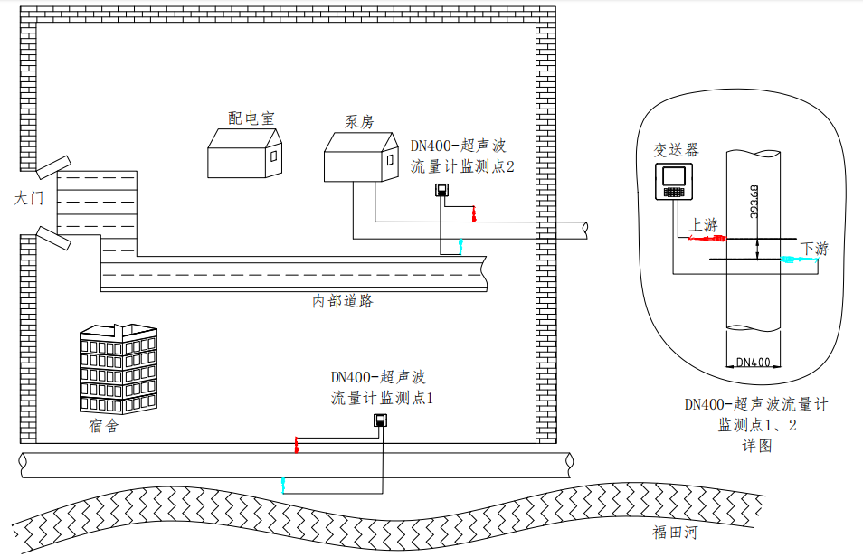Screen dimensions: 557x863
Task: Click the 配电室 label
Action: tap(251, 118)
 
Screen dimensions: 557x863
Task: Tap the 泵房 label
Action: tap(359, 122)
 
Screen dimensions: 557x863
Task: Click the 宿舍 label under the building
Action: tap(104, 426)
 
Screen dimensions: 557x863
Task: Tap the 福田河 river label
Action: tap(675, 533)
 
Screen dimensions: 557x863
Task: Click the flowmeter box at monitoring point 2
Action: tap(442, 190)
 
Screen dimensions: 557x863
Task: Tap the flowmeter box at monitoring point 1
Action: tap(382, 420)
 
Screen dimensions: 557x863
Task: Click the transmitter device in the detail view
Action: tap(674, 182)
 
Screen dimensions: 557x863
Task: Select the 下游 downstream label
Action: tap(814, 248)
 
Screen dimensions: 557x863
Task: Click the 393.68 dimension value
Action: tap(754, 199)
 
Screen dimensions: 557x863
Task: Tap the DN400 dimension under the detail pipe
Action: tap(753, 363)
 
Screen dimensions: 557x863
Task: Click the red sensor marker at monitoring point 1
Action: tap(296, 444)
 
